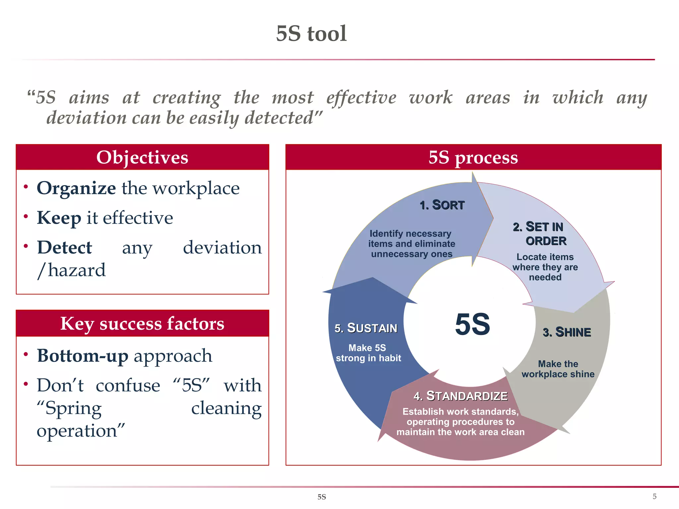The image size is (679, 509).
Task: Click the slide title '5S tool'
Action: (x=311, y=33)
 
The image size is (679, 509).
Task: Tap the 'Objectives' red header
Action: (x=142, y=157)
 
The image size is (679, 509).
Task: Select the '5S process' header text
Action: (x=473, y=157)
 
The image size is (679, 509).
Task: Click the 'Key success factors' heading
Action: (x=142, y=324)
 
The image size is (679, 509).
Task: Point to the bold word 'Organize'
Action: (x=76, y=189)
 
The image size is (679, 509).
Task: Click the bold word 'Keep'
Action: (x=59, y=218)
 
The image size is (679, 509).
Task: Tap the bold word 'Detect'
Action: (x=64, y=248)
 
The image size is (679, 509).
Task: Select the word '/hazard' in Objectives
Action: (x=71, y=270)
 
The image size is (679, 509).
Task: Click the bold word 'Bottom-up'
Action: (x=83, y=356)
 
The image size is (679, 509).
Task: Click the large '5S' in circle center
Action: (x=472, y=324)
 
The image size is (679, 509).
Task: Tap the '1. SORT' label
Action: (x=442, y=205)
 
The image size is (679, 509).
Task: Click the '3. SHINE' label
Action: (x=567, y=332)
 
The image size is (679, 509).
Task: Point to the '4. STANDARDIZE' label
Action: (x=461, y=396)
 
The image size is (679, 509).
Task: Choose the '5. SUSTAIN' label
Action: (x=366, y=328)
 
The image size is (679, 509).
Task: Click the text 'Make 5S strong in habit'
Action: (x=368, y=353)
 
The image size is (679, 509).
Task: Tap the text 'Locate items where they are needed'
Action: (x=545, y=267)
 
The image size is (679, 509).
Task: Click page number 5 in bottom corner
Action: (x=654, y=496)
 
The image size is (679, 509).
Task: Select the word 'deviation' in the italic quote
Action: (x=86, y=118)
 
